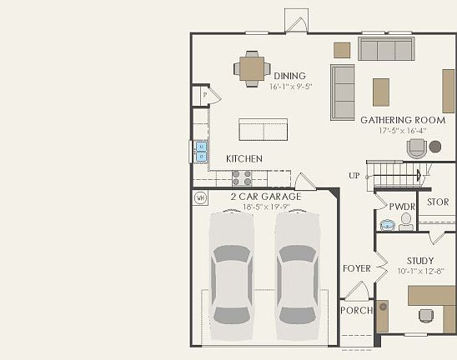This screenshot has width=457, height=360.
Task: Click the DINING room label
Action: click(x=289, y=76)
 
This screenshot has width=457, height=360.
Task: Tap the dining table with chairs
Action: click(x=251, y=67)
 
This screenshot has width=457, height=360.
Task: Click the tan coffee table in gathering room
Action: click(x=381, y=92)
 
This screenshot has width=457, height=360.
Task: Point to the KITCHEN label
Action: click(x=244, y=158)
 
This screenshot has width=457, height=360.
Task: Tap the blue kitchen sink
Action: click(x=201, y=151)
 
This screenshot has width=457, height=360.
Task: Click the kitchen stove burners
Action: click(x=242, y=177)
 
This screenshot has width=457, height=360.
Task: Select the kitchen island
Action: click(x=263, y=129)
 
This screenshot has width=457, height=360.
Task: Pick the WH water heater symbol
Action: click(x=200, y=198)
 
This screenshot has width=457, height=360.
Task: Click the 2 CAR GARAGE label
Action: click(x=265, y=197)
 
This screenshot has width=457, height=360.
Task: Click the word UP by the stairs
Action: click(x=354, y=176)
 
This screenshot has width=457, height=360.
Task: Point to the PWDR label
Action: click(x=402, y=206)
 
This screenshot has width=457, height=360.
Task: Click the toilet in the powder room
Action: click(x=405, y=222)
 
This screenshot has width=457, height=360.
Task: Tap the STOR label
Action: click(x=437, y=202)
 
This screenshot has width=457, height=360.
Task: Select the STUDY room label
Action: click(x=420, y=261)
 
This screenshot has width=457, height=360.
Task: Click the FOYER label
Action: click(x=356, y=268)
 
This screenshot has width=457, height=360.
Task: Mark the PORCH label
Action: click(x=357, y=311)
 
